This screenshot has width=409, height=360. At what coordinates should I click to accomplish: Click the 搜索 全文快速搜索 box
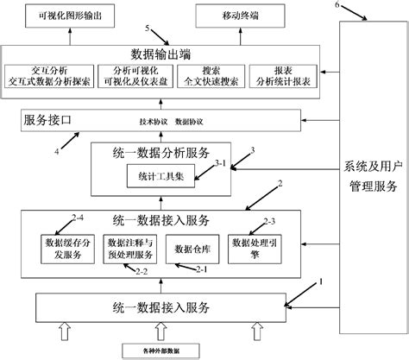209,76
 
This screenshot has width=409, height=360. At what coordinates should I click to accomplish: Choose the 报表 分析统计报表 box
282,76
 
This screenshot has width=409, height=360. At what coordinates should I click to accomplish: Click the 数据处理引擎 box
252,249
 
